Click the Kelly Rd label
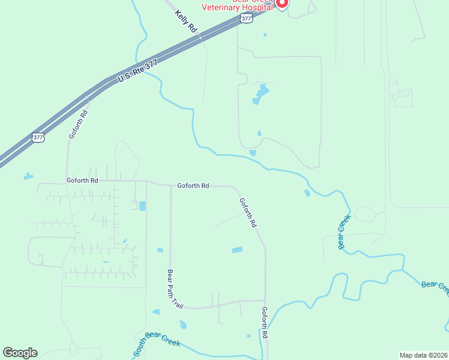pos(187,21)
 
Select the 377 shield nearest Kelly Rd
pos(246,19)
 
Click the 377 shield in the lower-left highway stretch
pos(38,137)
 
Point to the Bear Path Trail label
pos(174,289)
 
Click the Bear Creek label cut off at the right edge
pos(435,287)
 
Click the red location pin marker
pos(282,2)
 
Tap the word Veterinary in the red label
pos(224,8)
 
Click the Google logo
pos(20,353)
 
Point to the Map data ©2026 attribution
pos(423,355)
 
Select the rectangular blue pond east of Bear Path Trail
pos(238,250)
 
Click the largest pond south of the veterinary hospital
pos(262,93)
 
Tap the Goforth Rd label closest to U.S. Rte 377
pos(79,124)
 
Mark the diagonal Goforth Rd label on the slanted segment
pos(247,212)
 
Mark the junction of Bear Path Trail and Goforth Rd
pos(171,185)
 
